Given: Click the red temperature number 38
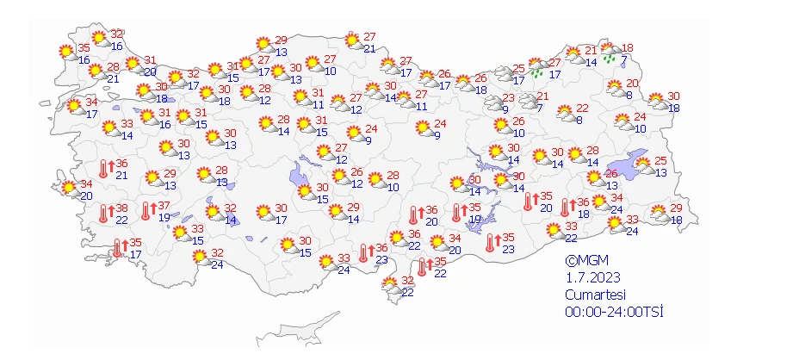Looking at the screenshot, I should (x=122, y=209).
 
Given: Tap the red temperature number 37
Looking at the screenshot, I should (x=163, y=206).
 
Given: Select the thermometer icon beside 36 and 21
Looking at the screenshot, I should (x=104, y=169).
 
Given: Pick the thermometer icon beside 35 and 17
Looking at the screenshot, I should (x=119, y=248).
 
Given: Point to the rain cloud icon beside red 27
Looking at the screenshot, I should (x=539, y=67).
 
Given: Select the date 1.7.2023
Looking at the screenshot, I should (x=592, y=276).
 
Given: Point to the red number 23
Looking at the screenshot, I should (x=509, y=97).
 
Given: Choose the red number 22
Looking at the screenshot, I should (x=582, y=108).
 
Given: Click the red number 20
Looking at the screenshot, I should (x=633, y=84).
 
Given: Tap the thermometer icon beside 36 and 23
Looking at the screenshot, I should (x=363, y=251).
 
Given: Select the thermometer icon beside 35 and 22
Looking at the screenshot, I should (x=421, y=266).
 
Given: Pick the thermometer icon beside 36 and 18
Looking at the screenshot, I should (x=566, y=208).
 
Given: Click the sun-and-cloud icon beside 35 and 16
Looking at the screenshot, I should (x=65, y=53).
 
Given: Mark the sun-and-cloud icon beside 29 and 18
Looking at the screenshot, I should (x=658, y=213).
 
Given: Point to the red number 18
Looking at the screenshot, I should (x=628, y=47).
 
